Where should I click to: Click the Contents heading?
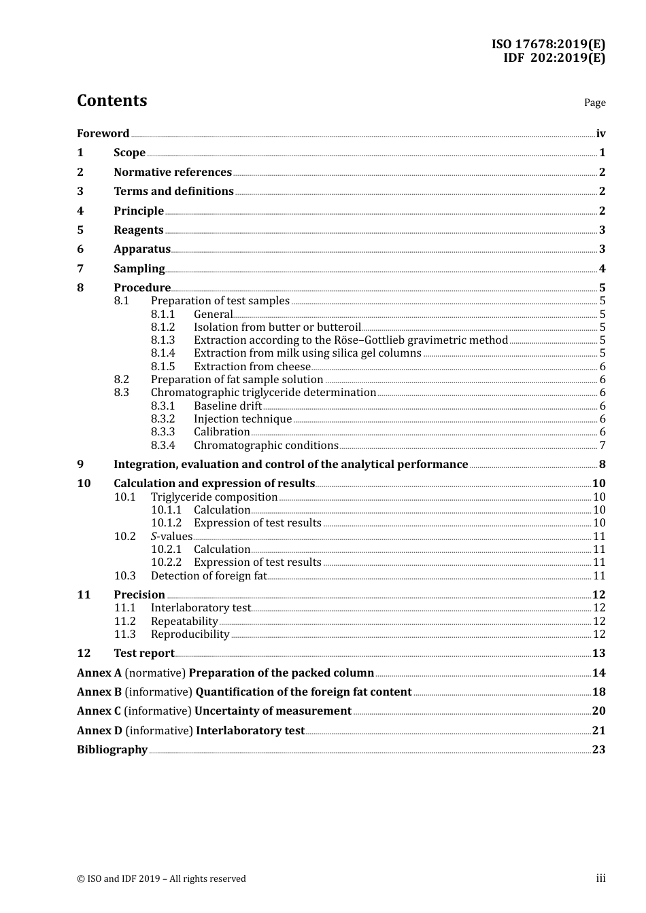[x=112, y=101]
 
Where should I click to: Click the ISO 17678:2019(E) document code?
[x=548, y=44]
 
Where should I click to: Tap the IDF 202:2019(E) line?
[x=554, y=58]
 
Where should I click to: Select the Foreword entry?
[x=103, y=134]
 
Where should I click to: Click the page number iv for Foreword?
[x=600, y=134]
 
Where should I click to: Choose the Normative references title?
[x=173, y=173]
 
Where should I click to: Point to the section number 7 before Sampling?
[x=80, y=269]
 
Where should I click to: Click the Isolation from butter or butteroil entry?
[x=277, y=327]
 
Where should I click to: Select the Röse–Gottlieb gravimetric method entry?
[x=350, y=340]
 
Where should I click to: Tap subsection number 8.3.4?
[x=163, y=446]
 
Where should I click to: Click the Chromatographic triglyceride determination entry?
[x=263, y=393]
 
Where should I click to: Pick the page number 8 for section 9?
[x=602, y=465]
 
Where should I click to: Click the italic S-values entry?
[x=171, y=537]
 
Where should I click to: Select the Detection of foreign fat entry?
[x=208, y=576]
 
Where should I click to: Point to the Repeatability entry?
[x=184, y=622]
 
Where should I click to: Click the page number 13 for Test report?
[x=598, y=654]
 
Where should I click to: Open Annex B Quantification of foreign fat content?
[x=244, y=692]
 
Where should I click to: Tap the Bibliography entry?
[x=112, y=750]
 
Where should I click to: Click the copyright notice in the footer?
[x=161, y=879]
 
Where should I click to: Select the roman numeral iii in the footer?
[x=600, y=878]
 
